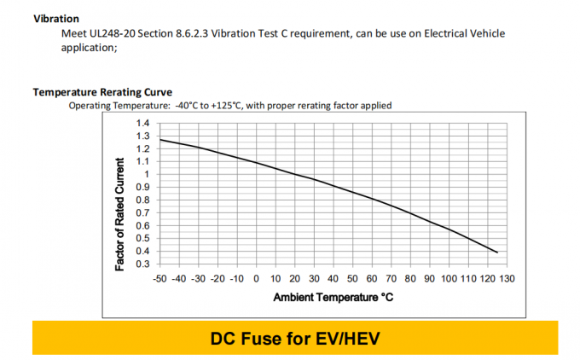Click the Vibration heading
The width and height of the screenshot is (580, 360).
pos(56,19)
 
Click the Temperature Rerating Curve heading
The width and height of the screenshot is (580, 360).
pos(102,92)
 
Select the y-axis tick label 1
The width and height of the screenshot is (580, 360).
pos(147,174)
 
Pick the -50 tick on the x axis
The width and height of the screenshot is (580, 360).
pos(159,279)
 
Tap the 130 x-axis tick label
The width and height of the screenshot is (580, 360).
pos(507,279)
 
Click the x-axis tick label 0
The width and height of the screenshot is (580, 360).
pos(256,279)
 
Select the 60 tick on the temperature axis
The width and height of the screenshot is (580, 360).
pos(372,279)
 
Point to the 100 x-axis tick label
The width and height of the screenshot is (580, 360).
pos(449,279)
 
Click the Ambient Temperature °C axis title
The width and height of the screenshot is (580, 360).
pos(333,298)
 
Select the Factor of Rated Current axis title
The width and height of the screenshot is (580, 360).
pos(120,214)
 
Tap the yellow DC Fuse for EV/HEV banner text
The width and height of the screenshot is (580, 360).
pos(294,339)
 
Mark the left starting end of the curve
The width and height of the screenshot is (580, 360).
pos(159,139)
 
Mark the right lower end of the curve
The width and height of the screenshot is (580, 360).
pos(496,252)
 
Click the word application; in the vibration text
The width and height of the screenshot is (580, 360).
pos(89,48)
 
